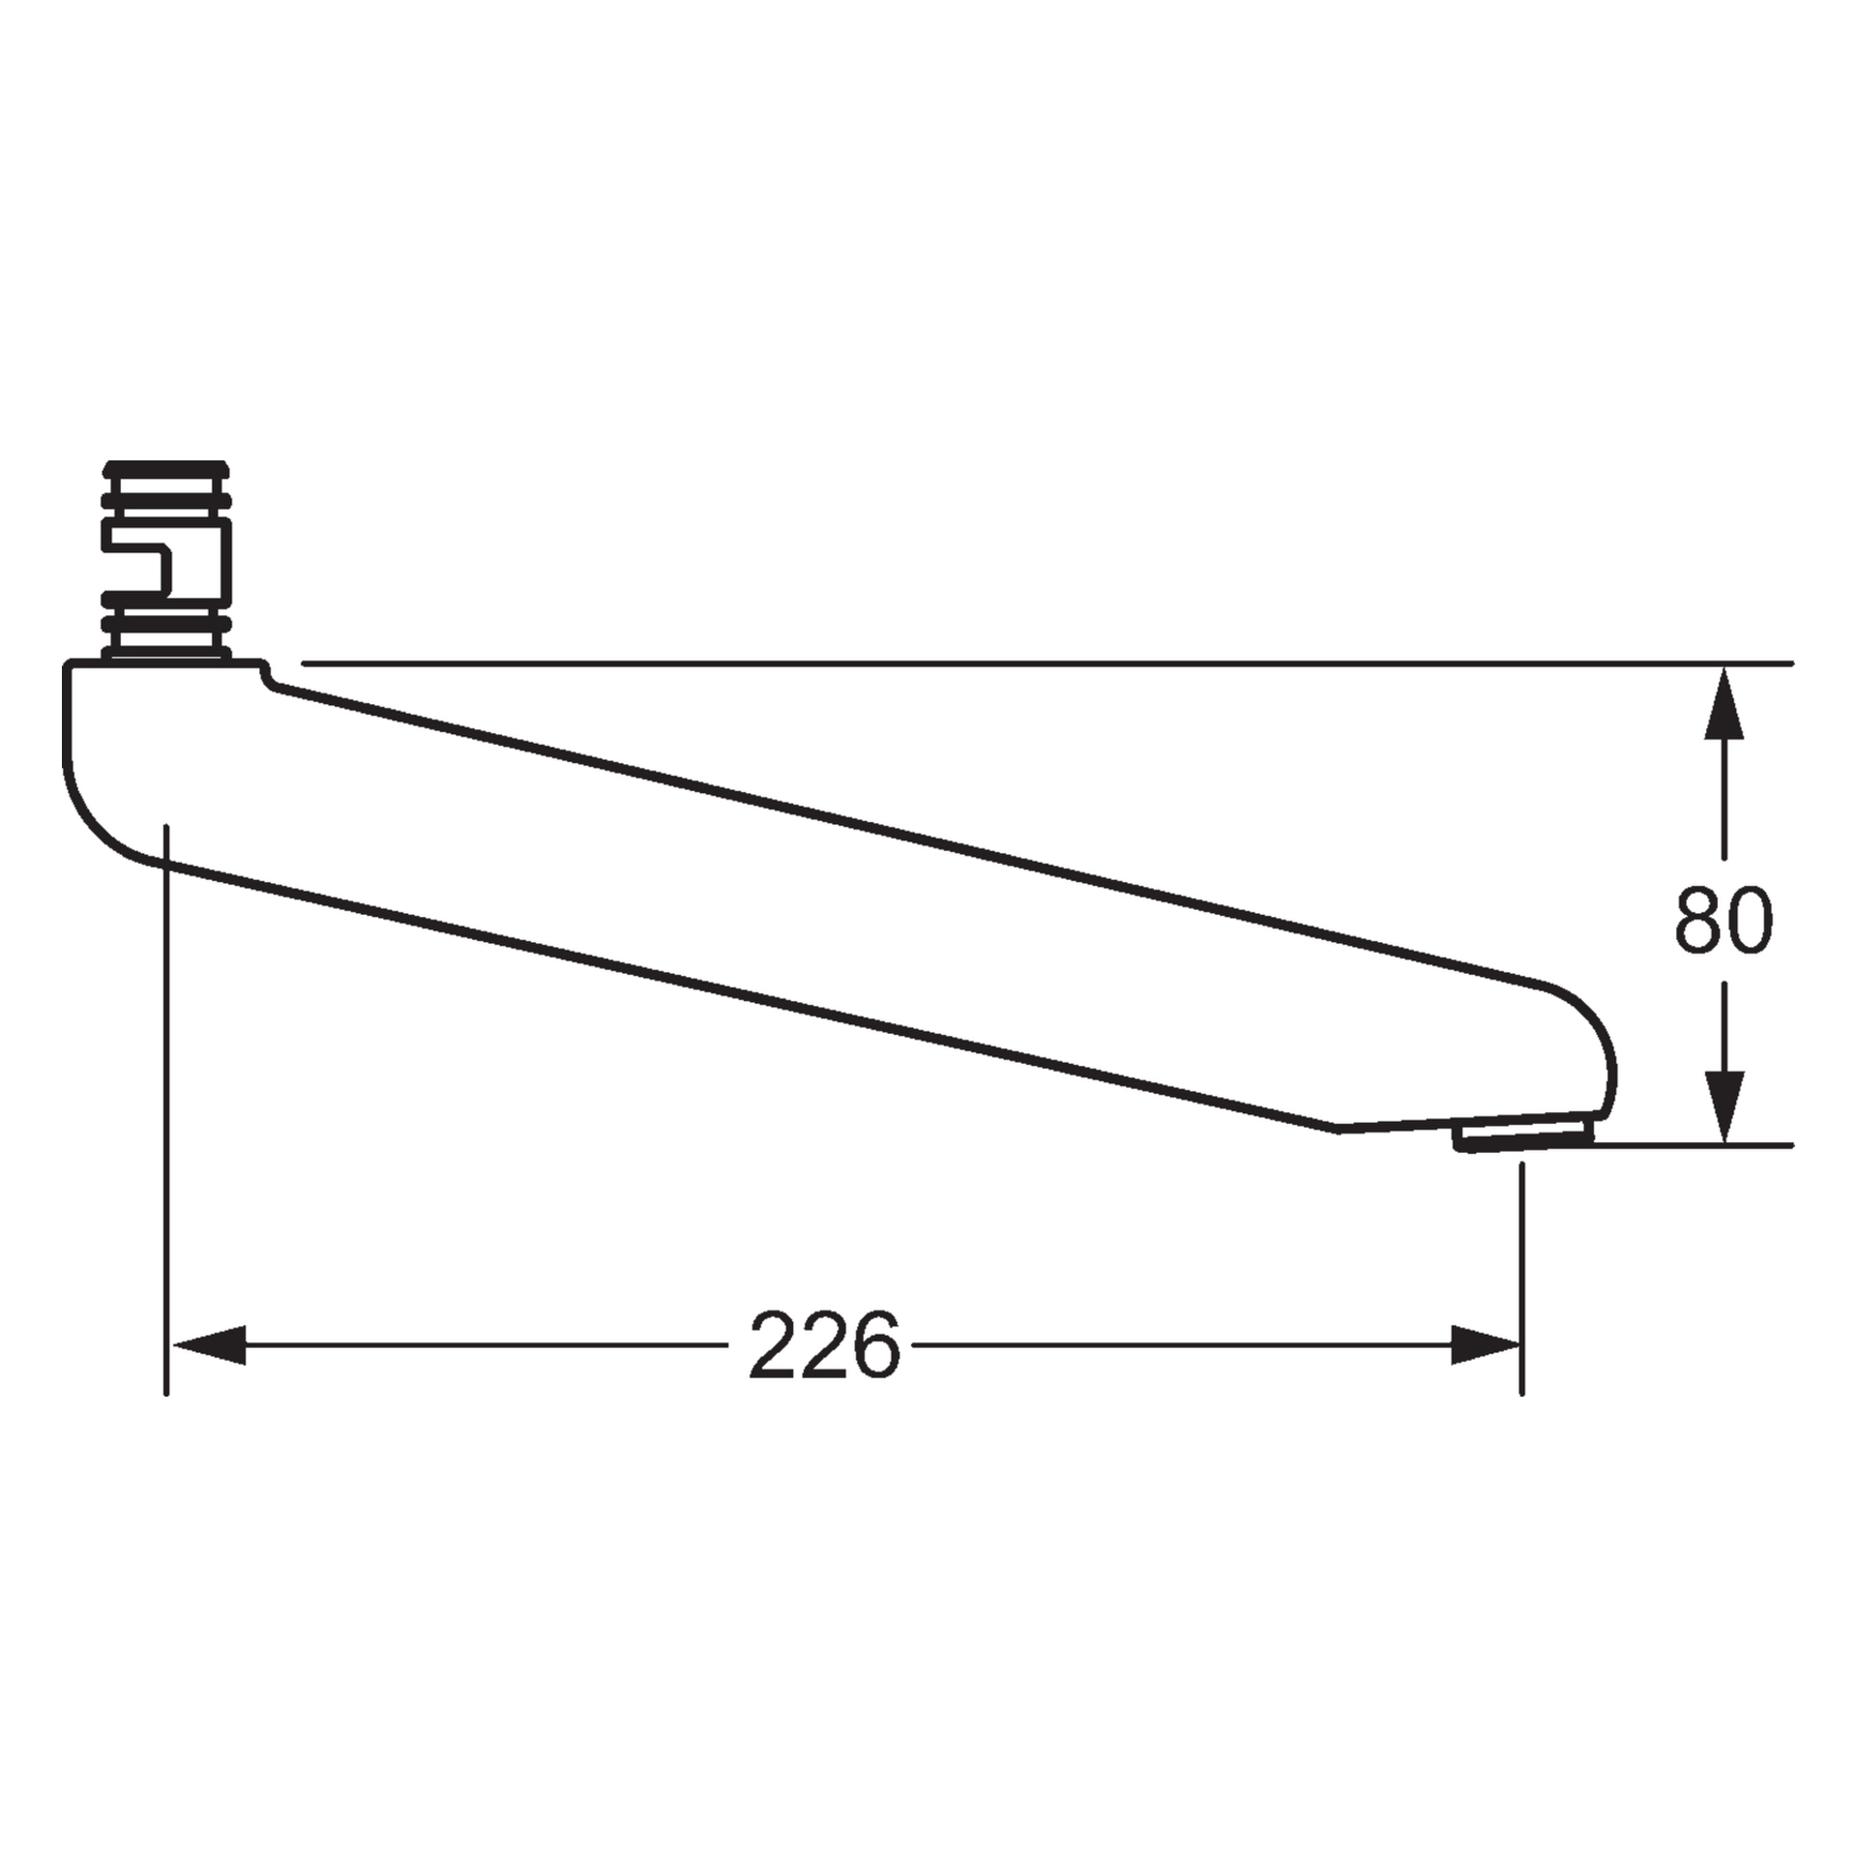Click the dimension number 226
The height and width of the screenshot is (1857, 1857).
[x=824, y=1345]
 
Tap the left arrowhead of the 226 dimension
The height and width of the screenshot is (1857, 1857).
[x=208, y=1345]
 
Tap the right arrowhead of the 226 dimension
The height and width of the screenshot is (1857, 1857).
[x=1486, y=1345]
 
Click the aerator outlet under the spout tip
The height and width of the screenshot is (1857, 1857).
[x=1522, y=1134]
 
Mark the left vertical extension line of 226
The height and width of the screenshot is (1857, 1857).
[x=167, y=1112]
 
